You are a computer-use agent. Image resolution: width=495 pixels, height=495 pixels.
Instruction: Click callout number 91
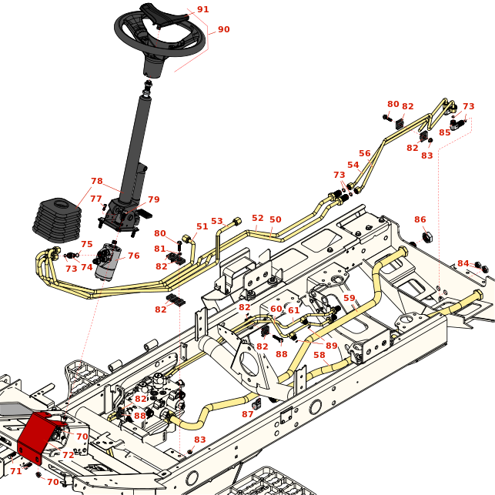(202, 9)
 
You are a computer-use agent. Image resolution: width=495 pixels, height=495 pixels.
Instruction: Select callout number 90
(223, 29)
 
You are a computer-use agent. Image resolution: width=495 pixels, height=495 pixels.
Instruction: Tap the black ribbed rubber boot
(59, 219)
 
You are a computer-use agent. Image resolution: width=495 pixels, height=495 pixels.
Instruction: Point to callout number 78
(96, 182)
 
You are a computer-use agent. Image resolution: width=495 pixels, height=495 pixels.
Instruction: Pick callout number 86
(420, 219)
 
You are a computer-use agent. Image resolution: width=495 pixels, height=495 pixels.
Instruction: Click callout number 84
(463, 263)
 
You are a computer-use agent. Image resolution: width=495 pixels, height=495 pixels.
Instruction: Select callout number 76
(133, 256)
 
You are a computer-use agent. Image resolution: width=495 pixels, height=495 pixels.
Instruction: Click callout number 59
(349, 298)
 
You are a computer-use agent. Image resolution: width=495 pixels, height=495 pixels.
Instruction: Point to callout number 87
(247, 414)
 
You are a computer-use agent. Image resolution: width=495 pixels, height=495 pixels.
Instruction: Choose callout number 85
(444, 132)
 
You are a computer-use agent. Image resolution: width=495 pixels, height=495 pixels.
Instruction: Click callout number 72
(68, 456)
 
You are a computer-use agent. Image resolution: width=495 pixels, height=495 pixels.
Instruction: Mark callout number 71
(15, 470)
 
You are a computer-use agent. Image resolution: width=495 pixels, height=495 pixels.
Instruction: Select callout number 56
(364, 153)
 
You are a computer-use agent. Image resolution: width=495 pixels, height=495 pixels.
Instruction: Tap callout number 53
(217, 222)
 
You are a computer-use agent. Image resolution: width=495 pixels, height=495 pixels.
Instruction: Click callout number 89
(331, 346)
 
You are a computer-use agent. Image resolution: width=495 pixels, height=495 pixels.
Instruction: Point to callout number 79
(153, 200)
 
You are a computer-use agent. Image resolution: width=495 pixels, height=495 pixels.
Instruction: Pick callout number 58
(319, 355)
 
